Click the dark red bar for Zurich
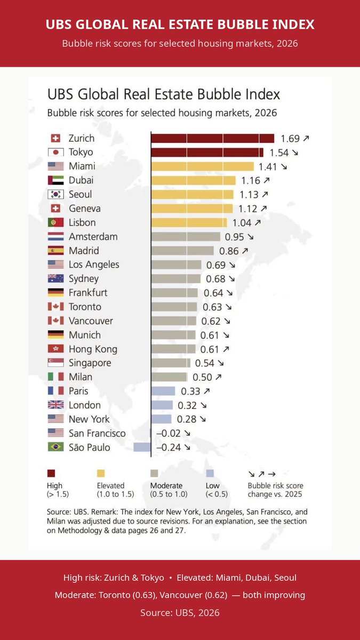pyautogui.click(x=213, y=138)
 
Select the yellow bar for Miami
pyautogui.click(x=203, y=166)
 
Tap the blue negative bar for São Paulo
pyautogui.click(x=142, y=447)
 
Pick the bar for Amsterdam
pyautogui.click(x=186, y=237)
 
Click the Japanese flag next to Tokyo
pyautogui.click(x=55, y=153)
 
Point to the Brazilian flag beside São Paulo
pyautogui.click(x=55, y=447)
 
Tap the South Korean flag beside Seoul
pyautogui.click(x=55, y=194)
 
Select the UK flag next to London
pyautogui.click(x=55, y=405)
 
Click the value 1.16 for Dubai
pyautogui.click(x=251, y=181)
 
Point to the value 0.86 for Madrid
pyautogui.click(x=229, y=251)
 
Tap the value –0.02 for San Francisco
pyautogui.click(x=169, y=433)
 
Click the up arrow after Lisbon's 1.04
pyautogui.click(x=258, y=222)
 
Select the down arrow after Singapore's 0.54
pyautogui.click(x=221, y=363)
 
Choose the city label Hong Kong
pyautogui.click(x=93, y=349)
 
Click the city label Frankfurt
pyautogui.click(x=88, y=293)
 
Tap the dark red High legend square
pyautogui.click(x=51, y=474)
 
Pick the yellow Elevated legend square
pyautogui.click(x=101, y=474)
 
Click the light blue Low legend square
pyautogui.click(x=210, y=474)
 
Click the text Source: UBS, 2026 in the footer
pyautogui.click(x=180, y=613)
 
